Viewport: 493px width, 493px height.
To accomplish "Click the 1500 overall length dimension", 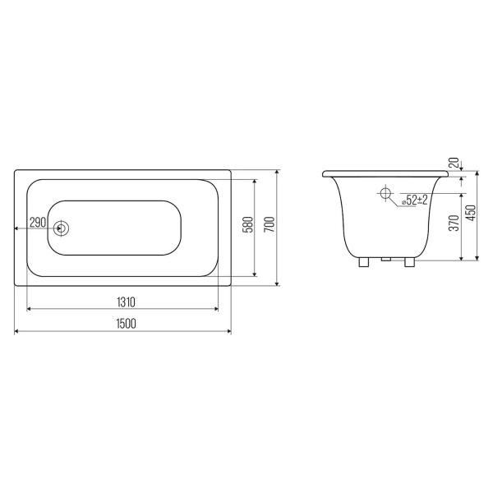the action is pos(127,324).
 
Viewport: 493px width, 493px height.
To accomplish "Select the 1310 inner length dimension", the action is pos(126,302).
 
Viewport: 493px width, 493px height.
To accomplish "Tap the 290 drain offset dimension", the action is pos(38,223).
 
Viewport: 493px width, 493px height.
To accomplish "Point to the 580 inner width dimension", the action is pos(249,224).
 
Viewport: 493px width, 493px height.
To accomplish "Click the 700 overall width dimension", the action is pos(270,224).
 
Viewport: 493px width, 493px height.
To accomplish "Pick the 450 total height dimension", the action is pos(472,213).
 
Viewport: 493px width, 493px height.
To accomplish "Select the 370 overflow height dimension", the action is pos(454,223).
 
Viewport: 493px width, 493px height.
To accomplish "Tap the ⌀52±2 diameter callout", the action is pos(415,200).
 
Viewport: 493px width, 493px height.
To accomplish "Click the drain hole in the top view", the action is pos(61,228).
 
